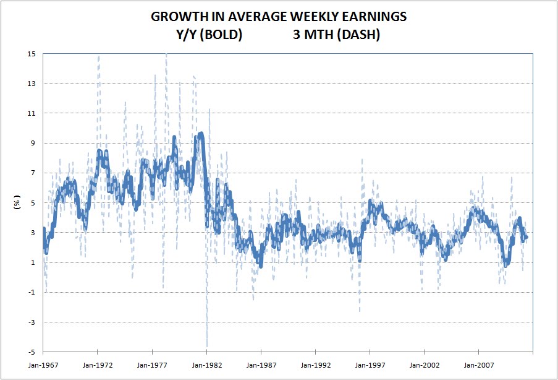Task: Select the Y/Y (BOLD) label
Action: pyautogui.click(x=208, y=35)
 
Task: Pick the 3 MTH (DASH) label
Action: pyautogui.click(x=337, y=35)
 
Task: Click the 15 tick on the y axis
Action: pyautogui.click(x=31, y=54)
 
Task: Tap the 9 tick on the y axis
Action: pyautogui.click(x=33, y=143)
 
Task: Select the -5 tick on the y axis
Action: pyautogui.click(x=32, y=352)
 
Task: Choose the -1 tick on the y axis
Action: pyautogui.click(x=32, y=292)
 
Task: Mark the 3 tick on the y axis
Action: pyautogui.click(x=33, y=233)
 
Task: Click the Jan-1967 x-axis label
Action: pyautogui.click(x=44, y=365)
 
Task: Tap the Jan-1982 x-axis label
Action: pyautogui.click(x=206, y=365)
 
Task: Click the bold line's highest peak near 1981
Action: pyautogui.click(x=201, y=133)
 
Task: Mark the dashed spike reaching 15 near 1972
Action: pyautogui.click(x=99, y=56)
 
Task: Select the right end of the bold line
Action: pyautogui.click(x=526, y=238)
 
